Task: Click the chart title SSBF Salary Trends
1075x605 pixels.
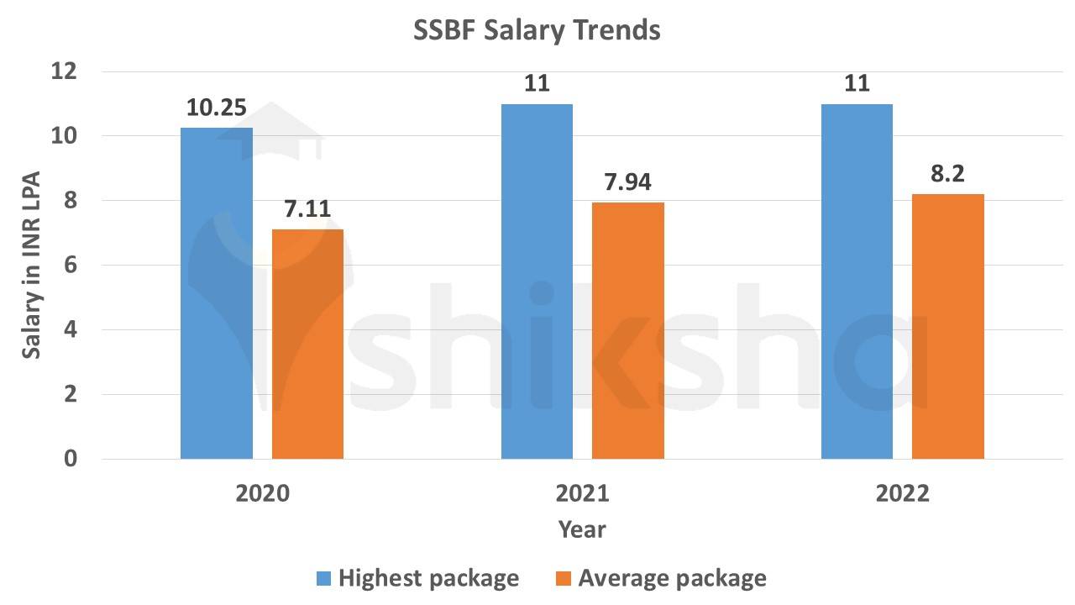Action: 537,31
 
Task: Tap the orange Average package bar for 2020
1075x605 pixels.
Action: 307,344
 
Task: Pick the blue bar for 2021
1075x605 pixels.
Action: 537,281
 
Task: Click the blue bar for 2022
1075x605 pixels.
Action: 857,281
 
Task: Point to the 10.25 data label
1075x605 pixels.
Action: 217,108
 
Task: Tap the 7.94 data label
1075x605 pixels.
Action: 627,181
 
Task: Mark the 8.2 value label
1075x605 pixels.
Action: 947,174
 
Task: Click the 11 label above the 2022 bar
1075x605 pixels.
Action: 857,84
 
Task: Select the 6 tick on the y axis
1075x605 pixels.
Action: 70,266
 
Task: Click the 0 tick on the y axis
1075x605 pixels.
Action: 70,459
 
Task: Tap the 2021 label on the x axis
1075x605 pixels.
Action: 582,493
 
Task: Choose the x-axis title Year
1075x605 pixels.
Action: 582,529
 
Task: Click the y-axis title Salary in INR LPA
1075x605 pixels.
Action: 31,266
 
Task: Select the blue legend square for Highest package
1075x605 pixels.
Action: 325,578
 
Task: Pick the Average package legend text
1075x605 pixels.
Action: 672,578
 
